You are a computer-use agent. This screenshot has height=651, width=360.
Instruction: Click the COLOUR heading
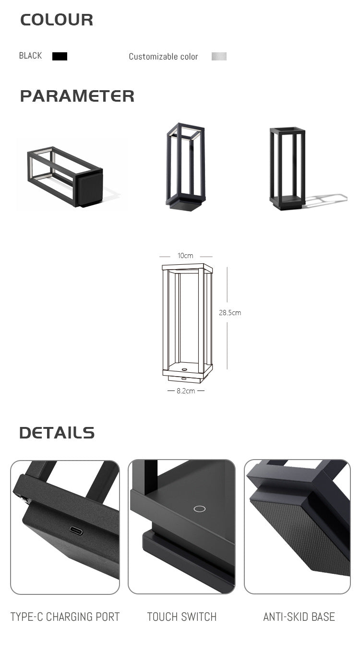(x=57, y=20)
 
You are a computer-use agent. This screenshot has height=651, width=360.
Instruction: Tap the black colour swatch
(x=60, y=56)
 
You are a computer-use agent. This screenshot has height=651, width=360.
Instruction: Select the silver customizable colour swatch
(x=219, y=56)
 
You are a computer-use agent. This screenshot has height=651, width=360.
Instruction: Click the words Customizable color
(x=163, y=57)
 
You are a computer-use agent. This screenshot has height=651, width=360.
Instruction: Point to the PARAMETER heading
(x=77, y=96)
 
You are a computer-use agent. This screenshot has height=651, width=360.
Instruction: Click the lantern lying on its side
(x=65, y=177)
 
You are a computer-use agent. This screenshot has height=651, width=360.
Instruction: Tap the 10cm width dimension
(x=185, y=256)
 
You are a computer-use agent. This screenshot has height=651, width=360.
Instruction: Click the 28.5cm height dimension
(x=230, y=313)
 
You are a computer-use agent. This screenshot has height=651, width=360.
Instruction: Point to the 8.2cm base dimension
(x=185, y=391)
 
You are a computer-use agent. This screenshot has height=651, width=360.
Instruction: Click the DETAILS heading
(x=57, y=433)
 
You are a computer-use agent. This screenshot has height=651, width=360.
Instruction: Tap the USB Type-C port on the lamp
(x=76, y=531)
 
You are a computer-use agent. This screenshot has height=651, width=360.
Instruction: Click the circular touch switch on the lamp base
(x=199, y=509)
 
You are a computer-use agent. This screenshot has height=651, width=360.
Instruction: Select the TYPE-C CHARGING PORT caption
(x=65, y=617)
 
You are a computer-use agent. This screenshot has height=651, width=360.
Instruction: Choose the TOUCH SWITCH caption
(x=181, y=617)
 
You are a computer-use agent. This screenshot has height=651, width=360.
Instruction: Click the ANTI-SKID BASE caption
(x=299, y=617)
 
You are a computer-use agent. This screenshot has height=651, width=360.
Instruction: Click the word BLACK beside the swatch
(x=30, y=56)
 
